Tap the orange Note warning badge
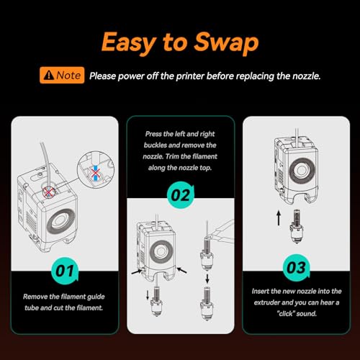[62, 76]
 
